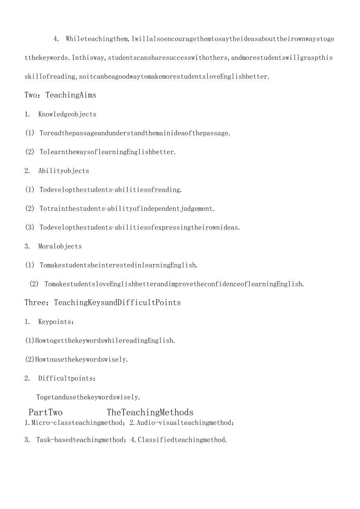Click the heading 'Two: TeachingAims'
point(60,95)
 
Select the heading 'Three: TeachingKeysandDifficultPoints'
point(103,302)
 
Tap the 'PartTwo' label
point(46,412)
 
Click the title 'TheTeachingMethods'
point(150,412)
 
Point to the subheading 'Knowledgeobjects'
point(67,114)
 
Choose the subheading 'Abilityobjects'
point(63,171)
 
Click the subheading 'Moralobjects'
point(60,246)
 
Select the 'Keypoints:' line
point(56,322)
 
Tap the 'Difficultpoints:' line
point(67,378)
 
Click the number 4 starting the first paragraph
point(56,39)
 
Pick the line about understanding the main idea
point(135,133)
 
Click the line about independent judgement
point(127,209)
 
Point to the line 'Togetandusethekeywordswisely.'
point(88,397)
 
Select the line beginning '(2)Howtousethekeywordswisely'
point(76,359)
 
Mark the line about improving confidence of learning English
point(173,284)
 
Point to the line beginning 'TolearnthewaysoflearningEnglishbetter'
point(108,152)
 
